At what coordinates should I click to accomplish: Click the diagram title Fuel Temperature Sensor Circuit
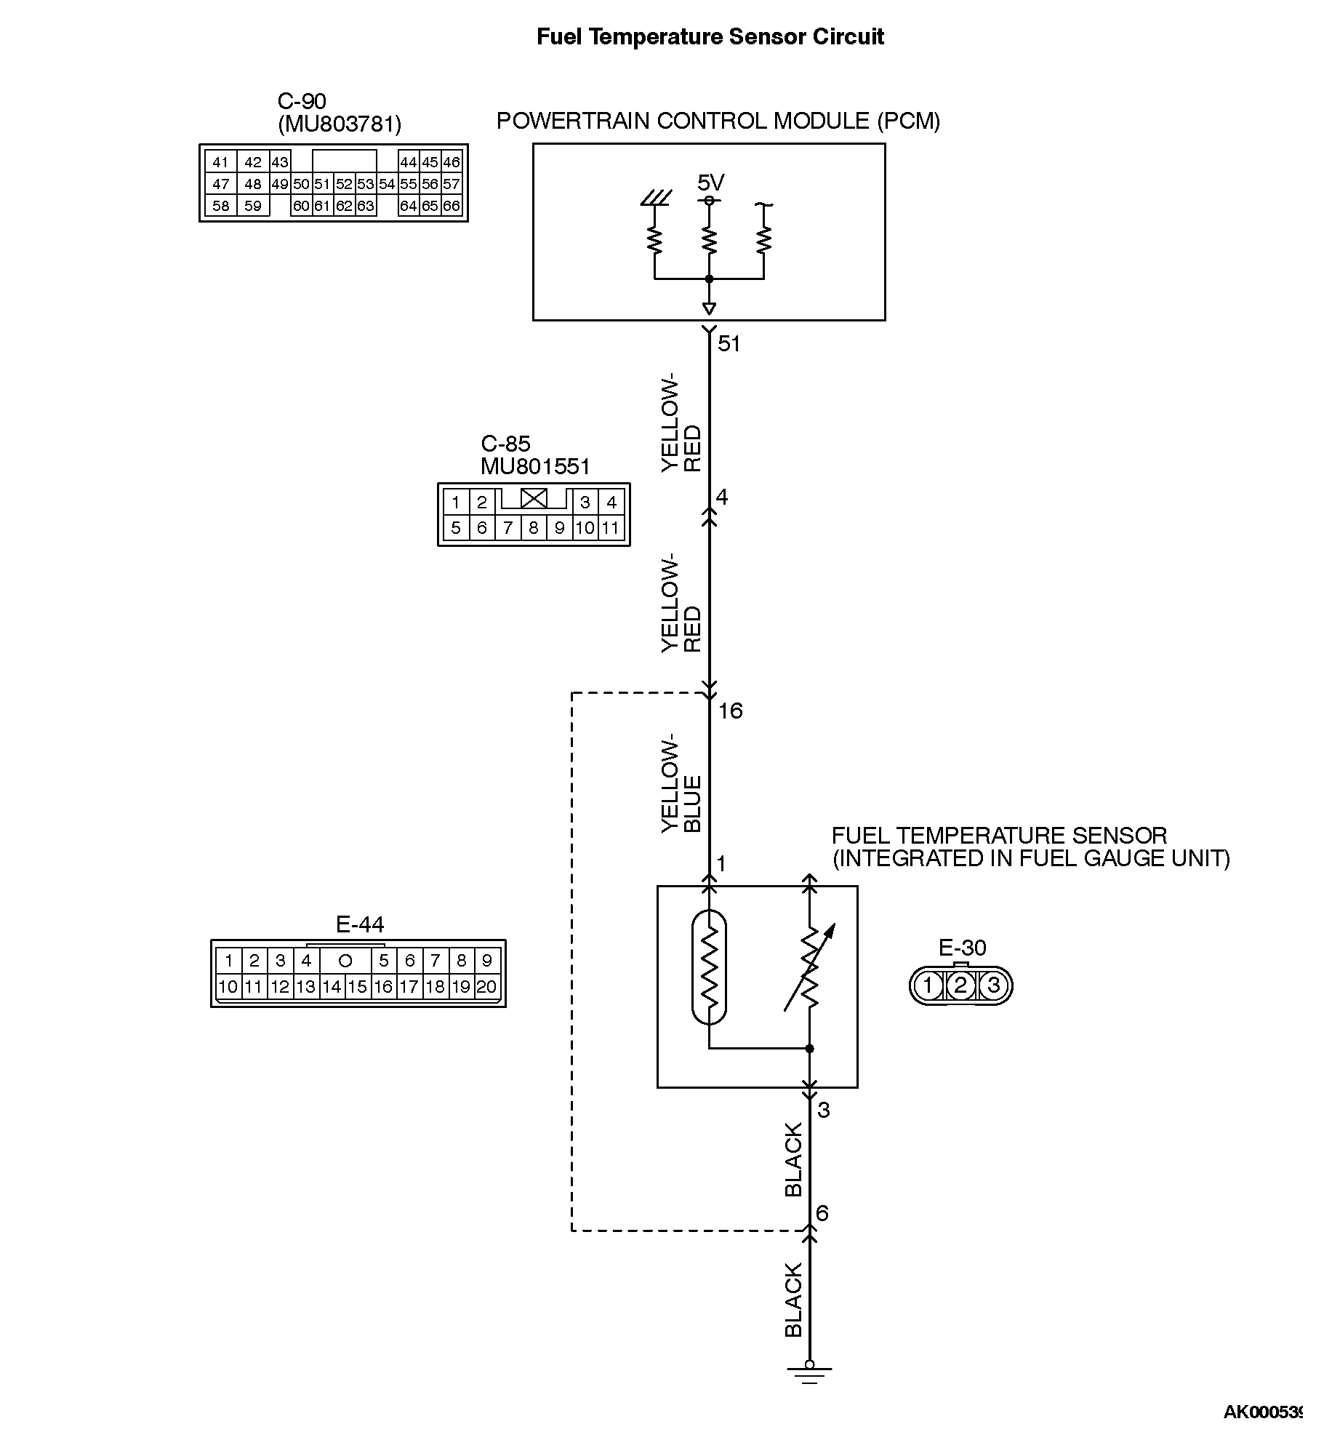click(x=710, y=37)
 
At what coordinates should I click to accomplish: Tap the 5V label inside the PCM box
click(x=710, y=182)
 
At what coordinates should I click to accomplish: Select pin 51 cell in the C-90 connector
click(x=323, y=184)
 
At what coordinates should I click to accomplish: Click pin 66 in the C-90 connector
click(x=452, y=206)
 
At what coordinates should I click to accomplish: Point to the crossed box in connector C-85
click(x=534, y=498)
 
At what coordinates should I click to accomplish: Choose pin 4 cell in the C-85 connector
click(x=611, y=502)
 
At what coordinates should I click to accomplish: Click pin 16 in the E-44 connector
click(x=383, y=987)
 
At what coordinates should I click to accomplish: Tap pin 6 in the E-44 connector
click(x=409, y=961)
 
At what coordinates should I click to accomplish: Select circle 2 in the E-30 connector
click(x=960, y=986)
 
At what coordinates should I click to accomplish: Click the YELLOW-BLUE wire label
click(x=681, y=783)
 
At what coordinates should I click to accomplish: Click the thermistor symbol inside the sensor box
click(x=709, y=967)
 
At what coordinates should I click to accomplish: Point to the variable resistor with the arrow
click(x=809, y=967)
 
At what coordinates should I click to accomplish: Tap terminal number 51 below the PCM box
click(x=729, y=344)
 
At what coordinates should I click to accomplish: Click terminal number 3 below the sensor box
click(x=823, y=1111)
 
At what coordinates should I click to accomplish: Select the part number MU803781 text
click(x=340, y=124)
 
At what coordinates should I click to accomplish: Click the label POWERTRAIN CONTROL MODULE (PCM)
click(x=718, y=121)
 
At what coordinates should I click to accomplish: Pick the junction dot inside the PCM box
click(x=709, y=279)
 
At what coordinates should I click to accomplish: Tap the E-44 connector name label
click(x=359, y=924)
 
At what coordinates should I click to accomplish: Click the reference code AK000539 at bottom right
click(x=1263, y=1412)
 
